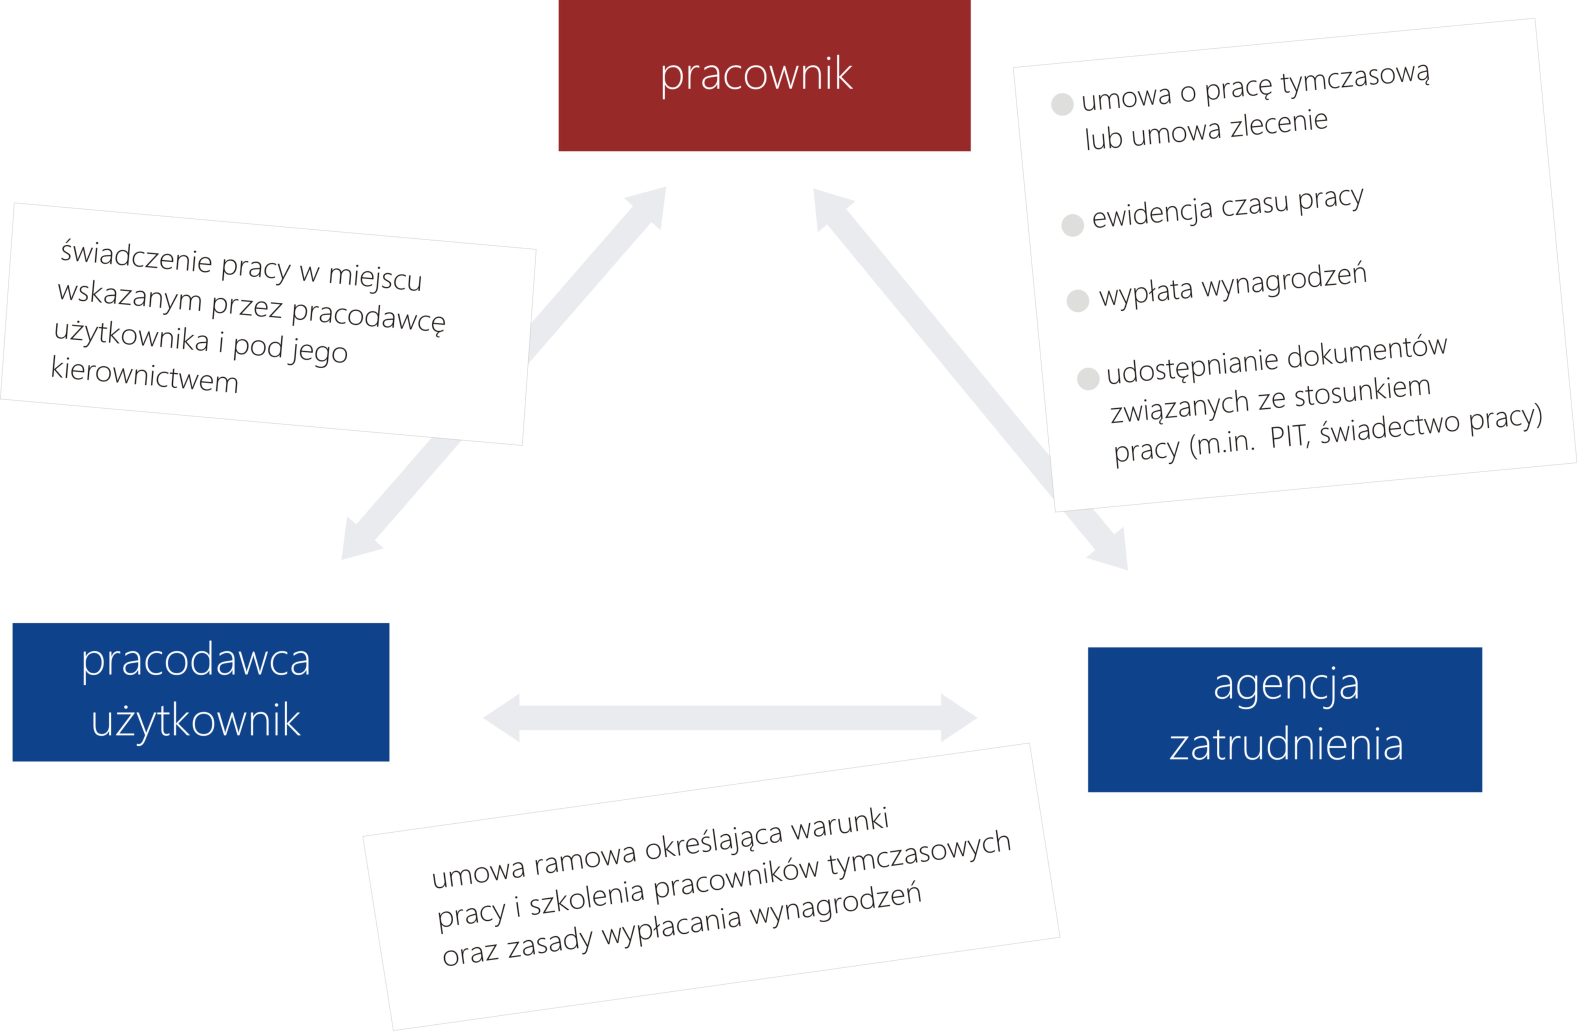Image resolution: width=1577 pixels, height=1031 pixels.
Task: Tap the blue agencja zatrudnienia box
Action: point(1285,719)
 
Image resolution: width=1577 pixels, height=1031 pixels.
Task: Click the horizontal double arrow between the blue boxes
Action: point(730,718)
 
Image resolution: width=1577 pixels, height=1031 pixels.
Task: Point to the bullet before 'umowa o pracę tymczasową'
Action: point(1062,104)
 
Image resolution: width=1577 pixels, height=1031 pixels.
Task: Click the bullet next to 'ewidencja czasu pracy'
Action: point(1073,225)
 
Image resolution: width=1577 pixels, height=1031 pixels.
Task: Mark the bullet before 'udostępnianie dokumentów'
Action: point(1088,378)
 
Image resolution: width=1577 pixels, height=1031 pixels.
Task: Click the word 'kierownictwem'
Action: point(144,375)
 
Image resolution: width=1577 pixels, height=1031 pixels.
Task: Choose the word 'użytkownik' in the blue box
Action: point(196,721)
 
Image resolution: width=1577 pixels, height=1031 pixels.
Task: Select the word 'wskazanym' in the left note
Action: point(130,296)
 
